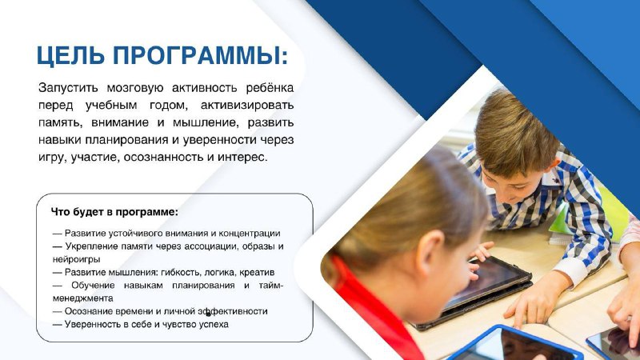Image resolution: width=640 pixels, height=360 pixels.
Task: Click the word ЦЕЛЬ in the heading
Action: pyautogui.click(x=70, y=55)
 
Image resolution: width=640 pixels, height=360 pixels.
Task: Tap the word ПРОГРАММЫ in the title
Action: pyautogui.click(x=197, y=55)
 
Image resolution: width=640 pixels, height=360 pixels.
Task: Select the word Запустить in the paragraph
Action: pyautogui.click(x=68, y=88)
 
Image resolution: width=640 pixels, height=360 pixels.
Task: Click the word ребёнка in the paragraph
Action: pyautogui.click(x=270, y=88)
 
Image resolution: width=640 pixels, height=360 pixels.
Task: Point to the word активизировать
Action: pyautogui.click(x=247, y=106)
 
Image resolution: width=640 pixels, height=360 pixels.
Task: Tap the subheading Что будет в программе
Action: pyautogui.click(x=114, y=212)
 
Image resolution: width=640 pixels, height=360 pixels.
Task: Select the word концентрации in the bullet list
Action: pyautogui.click(x=250, y=234)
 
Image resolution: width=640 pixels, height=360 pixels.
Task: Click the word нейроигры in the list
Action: pyautogui.click(x=76, y=259)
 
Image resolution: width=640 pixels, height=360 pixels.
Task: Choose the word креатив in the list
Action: pyautogui.click(x=257, y=272)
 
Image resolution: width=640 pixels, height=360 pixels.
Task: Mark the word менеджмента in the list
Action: pyautogui.click(x=83, y=298)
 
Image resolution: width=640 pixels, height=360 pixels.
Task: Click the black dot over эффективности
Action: pyautogui.click(x=208, y=314)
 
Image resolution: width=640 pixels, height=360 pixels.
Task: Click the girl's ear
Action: pyautogui.click(x=430, y=255)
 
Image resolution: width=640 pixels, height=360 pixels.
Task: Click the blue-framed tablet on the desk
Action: pyautogui.click(x=515, y=344)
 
